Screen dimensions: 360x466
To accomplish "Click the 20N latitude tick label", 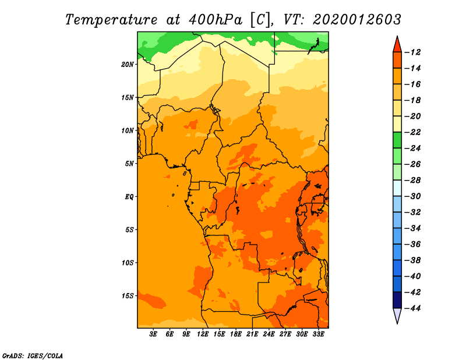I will coord(128,64).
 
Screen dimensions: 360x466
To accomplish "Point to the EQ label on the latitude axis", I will coord(129,196).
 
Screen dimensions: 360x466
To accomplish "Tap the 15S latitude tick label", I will coord(128,296).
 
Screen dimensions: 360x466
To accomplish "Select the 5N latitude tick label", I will coord(129,164).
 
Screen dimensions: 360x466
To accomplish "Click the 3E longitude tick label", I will coord(154,334).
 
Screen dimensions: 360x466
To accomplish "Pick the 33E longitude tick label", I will coord(318,334).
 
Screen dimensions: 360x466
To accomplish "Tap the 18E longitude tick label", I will coord(236,334).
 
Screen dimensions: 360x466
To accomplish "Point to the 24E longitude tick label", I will coord(269,334).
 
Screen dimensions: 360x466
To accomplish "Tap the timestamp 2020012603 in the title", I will coord(357,19).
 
